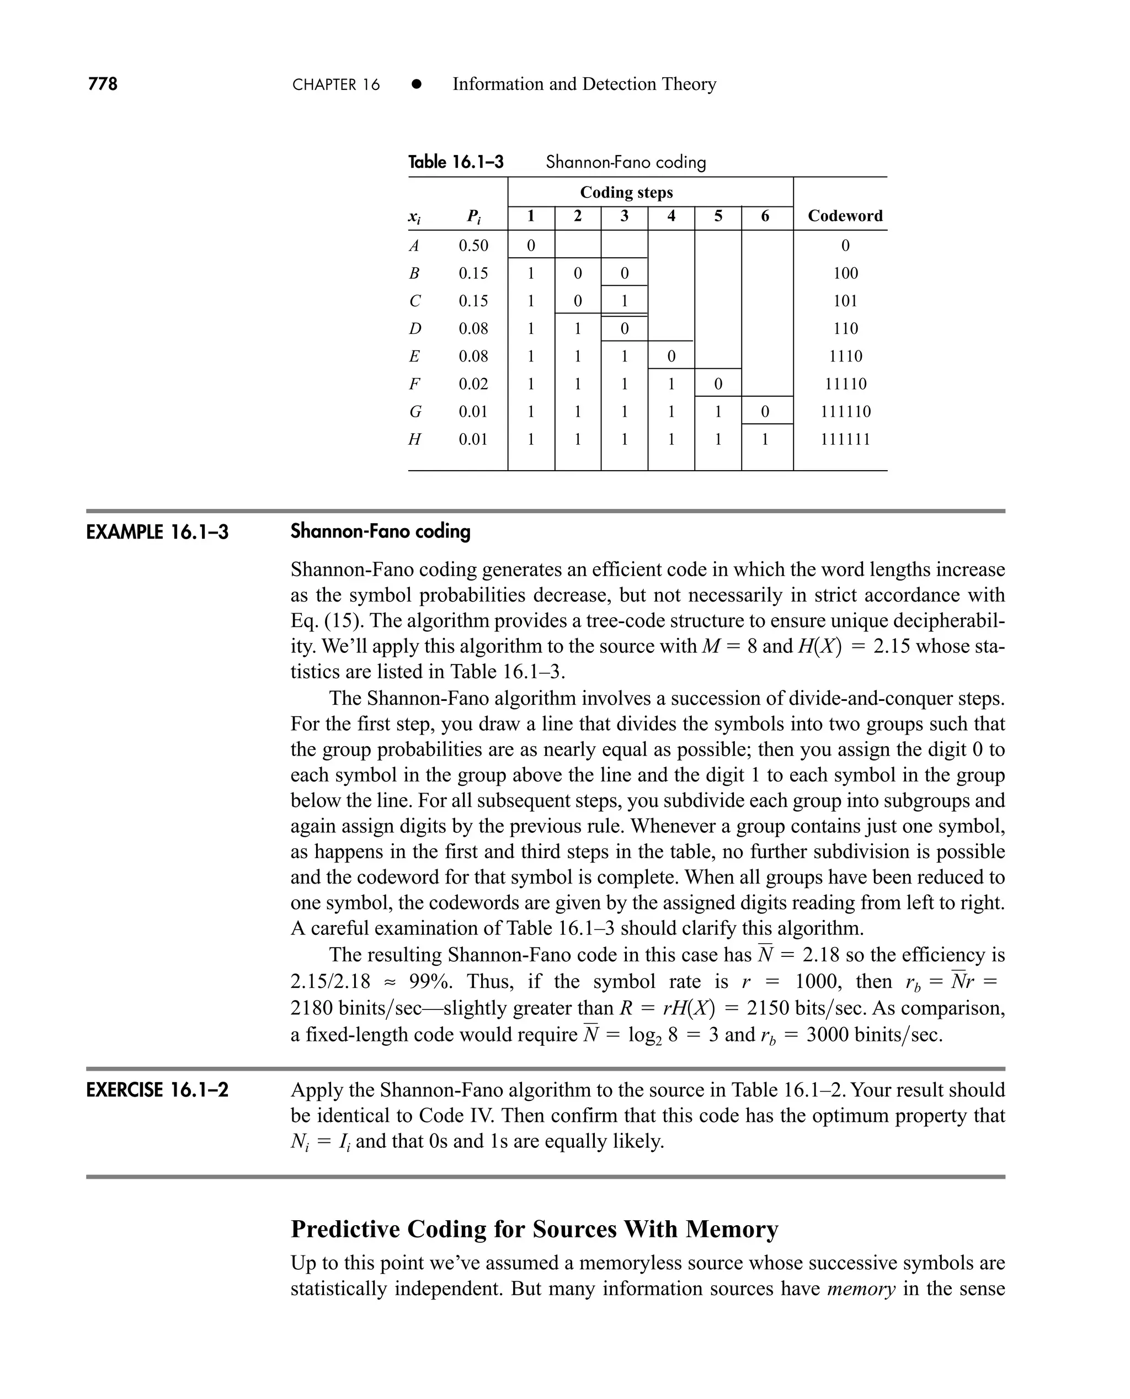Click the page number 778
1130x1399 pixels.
point(103,84)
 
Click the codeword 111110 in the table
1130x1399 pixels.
point(845,412)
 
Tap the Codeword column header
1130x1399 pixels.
point(845,216)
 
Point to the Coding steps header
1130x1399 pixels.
point(626,193)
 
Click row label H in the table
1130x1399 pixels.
point(414,439)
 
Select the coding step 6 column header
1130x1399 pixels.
point(765,216)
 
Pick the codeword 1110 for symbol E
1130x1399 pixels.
point(845,356)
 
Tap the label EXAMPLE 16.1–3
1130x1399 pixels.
point(157,533)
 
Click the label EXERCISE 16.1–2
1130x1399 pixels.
point(157,1090)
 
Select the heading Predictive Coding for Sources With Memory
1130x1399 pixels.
point(534,1229)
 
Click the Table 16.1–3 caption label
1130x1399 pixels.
point(456,162)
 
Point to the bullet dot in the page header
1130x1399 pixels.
point(417,84)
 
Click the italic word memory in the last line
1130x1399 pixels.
point(861,1288)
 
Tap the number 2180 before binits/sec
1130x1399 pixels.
point(312,1008)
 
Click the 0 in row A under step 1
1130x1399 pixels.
point(530,246)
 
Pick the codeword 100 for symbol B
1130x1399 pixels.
point(845,273)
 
